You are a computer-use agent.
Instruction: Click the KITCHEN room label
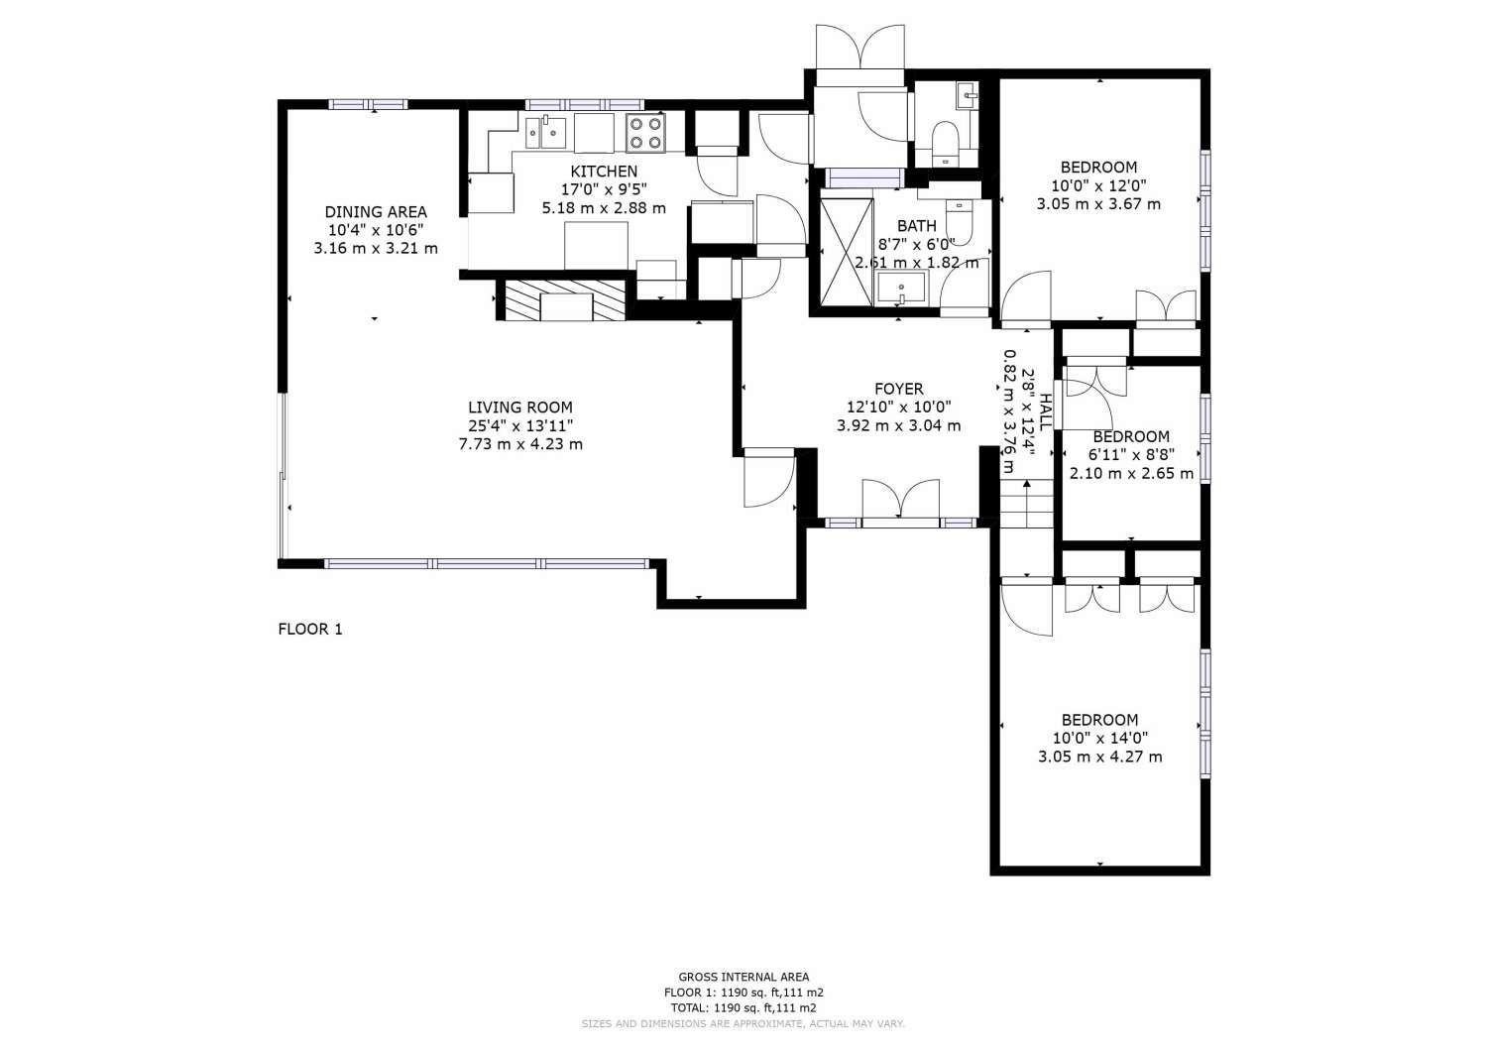[604, 172]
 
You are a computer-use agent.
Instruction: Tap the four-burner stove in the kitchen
[645, 134]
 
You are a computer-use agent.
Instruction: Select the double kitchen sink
[545, 132]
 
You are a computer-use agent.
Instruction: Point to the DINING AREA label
[376, 212]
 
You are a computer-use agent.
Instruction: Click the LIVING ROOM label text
[520, 408]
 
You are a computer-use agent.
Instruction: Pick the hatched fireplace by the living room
[565, 300]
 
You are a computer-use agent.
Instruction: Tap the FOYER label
[899, 389]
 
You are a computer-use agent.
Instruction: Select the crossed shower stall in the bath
[847, 253]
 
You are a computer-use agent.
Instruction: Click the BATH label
[917, 226]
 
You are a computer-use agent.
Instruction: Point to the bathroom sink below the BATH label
[901, 288]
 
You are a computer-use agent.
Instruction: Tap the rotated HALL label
[1045, 412]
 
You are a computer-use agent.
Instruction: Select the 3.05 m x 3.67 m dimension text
[1098, 204]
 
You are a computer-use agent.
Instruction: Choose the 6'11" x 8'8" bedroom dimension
[1131, 455]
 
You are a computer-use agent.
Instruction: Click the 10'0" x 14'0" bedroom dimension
[1100, 738]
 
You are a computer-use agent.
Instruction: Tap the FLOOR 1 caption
[310, 629]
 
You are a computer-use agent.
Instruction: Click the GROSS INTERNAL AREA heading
[743, 977]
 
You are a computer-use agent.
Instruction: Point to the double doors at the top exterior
[860, 47]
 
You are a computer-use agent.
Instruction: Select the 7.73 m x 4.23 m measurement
[520, 444]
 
